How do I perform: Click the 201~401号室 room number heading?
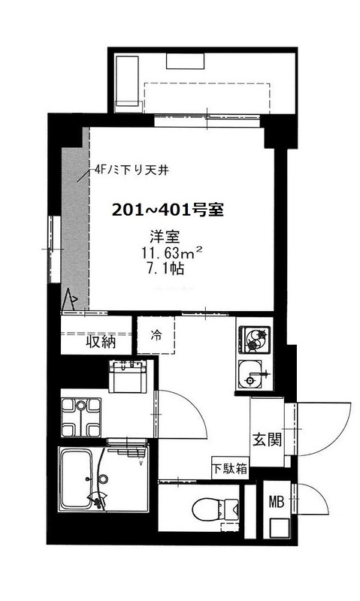click(168, 210)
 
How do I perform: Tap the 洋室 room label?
click(165, 237)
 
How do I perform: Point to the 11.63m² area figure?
click(171, 253)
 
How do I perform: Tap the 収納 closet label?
click(101, 341)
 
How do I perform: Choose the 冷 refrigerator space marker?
click(156, 335)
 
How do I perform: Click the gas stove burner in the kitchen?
click(255, 340)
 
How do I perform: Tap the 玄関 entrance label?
click(267, 439)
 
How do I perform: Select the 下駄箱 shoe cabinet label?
click(230, 468)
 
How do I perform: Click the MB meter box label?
click(277, 501)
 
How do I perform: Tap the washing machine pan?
click(81, 417)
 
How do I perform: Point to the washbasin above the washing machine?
click(127, 377)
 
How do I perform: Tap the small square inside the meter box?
click(280, 528)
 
